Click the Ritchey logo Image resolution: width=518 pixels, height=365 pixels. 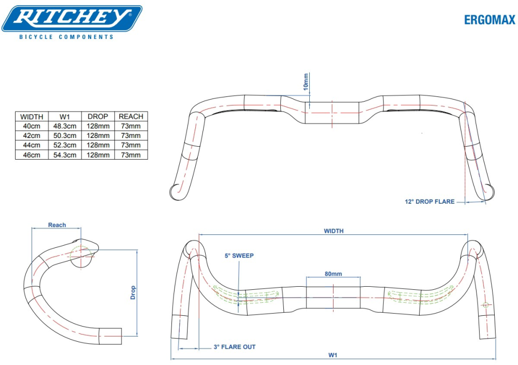point(72,19)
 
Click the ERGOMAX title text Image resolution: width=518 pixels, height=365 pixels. point(490,20)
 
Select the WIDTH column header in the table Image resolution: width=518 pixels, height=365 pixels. point(32,117)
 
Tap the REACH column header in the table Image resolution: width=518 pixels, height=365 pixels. point(131,117)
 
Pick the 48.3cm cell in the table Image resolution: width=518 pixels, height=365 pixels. point(65,126)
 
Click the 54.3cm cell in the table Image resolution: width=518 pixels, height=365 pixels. point(65,155)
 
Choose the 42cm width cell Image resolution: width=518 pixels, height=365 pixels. point(32,136)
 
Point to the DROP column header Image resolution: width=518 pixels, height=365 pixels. point(98,117)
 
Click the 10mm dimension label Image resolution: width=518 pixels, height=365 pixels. point(306,82)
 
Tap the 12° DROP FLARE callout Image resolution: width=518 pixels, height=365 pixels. point(429,202)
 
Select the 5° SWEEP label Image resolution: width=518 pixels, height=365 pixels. point(239,256)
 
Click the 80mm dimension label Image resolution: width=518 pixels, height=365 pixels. point(333,274)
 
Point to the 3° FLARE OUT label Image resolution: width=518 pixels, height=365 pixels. point(234,347)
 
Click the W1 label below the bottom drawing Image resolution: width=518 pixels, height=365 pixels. point(333,355)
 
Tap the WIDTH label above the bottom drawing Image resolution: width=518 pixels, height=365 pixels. point(334,231)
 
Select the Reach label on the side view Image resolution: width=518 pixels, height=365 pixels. point(57,225)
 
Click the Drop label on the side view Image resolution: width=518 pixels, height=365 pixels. point(133,293)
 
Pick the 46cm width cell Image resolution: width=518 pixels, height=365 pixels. point(32,155)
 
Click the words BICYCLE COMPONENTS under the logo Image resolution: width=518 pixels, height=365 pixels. point(66,37)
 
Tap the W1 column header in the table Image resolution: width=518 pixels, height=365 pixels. point(65,117)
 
